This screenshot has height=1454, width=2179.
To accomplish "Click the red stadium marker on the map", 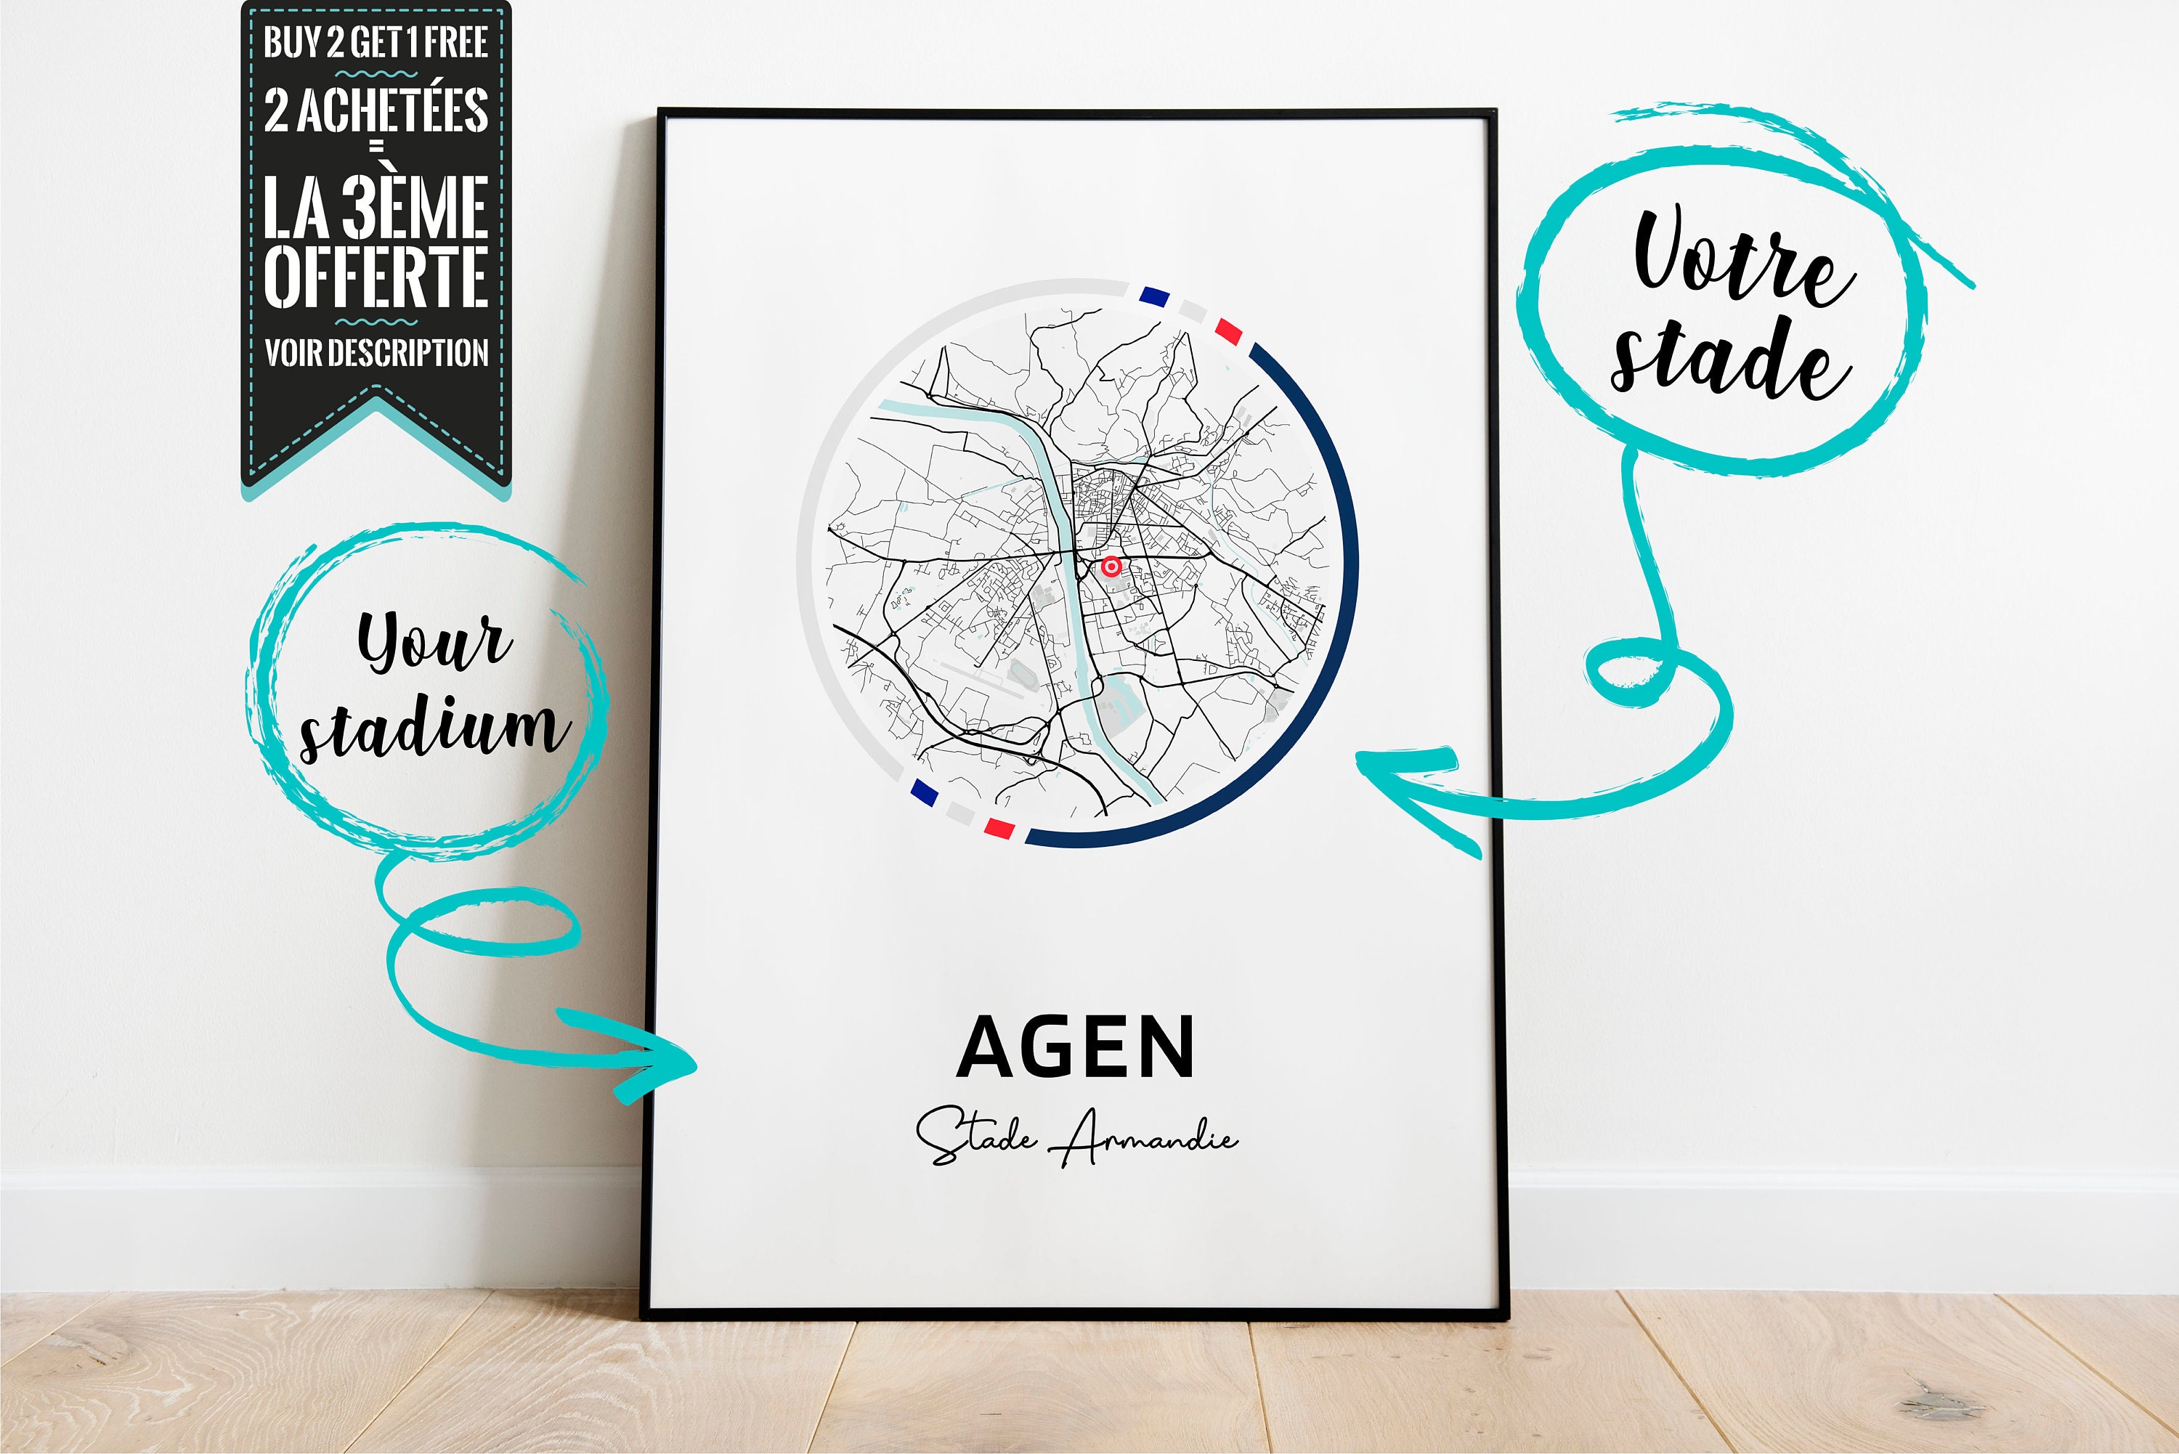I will (x=1111, y=566).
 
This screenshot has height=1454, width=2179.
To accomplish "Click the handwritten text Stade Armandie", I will (x=1076, y=1137).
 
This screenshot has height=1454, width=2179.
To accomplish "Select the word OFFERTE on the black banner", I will (x=376, y=275).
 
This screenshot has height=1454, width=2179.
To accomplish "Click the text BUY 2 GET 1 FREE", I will (x=376, y=41).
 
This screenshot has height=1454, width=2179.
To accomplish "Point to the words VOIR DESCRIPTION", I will (x=376, y=352).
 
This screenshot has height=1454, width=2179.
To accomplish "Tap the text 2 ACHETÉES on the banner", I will (x=376, y=110).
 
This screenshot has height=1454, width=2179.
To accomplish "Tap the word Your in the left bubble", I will (x=433, y=640).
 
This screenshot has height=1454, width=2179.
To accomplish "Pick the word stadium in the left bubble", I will (x=431, y=728).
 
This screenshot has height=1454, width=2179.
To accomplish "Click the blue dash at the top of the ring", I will (x=1153, y=297).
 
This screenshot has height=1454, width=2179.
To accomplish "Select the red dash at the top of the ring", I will (x=1228, y=330).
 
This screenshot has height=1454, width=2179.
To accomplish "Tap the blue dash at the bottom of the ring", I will (x=923, y=791).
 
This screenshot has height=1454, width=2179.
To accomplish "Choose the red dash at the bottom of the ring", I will (x=999, y=827).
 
